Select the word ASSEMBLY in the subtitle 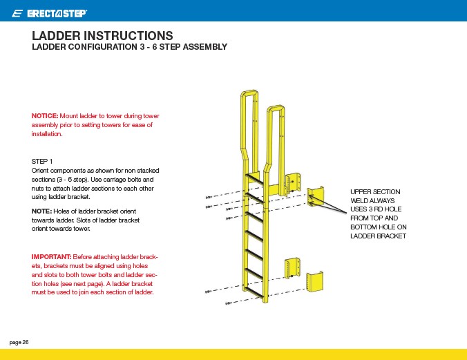[202, 48]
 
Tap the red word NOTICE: [45, 115]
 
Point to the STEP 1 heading [43, 161]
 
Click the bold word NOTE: [41, 211]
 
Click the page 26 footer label [19, 342]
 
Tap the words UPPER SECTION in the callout [375, 191]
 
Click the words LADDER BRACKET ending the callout [378, 236]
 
